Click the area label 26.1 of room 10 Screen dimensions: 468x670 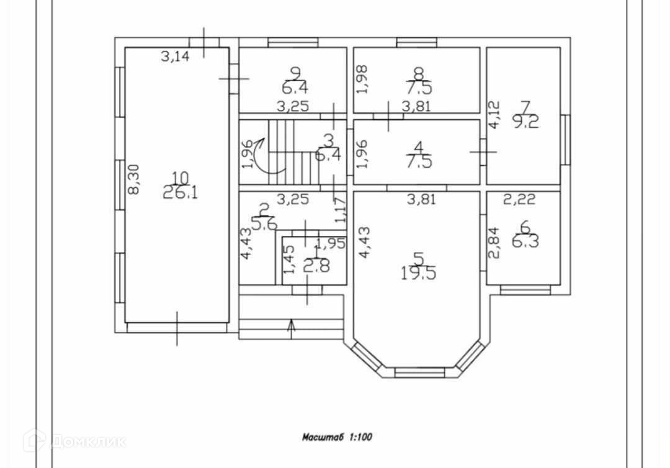click(x=181, y=193)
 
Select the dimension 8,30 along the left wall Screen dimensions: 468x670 click(x=133, y=180)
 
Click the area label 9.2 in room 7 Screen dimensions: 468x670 click(x=525, y=122)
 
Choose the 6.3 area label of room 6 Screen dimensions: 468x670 click(x=525, y=240)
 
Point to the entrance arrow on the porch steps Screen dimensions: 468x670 click(x=292, y=326)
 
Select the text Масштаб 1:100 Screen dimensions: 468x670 click(x=337, y=436)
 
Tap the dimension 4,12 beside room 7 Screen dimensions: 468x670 click(x=494, y=115)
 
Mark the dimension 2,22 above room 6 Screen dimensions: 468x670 click(x=519, y=199)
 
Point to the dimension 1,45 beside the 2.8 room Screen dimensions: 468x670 click(x=288, y=259)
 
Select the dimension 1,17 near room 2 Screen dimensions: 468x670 click(x=341, y=210)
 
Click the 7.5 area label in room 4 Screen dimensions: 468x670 click(x=418, y=163)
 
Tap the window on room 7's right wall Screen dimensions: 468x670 click(x=565, y=140)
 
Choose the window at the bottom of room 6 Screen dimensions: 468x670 click(x=525, y=289)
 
